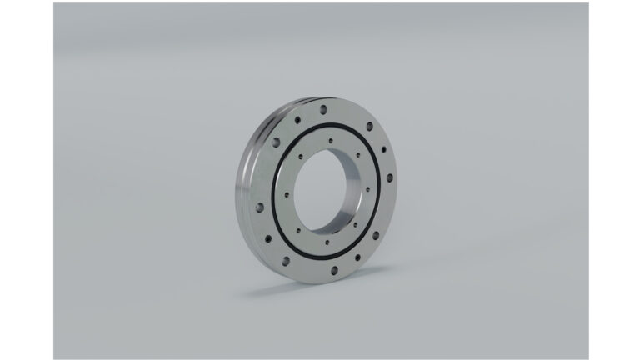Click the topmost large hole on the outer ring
coord(323,109)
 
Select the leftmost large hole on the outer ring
coord(260,207)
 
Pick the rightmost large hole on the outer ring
coord(390,177)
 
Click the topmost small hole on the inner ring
coord(331,140)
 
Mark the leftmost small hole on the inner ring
coord(287,194)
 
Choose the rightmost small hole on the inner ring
coord(367,189)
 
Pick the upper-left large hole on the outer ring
coord(276,142)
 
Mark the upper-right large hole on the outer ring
coord(369,126)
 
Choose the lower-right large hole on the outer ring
coord(376,234)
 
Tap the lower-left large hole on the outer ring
coord(286,261)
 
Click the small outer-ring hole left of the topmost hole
coord(297,119)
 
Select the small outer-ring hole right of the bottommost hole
coord(357,257)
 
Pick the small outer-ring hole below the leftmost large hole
coord(268,238)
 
